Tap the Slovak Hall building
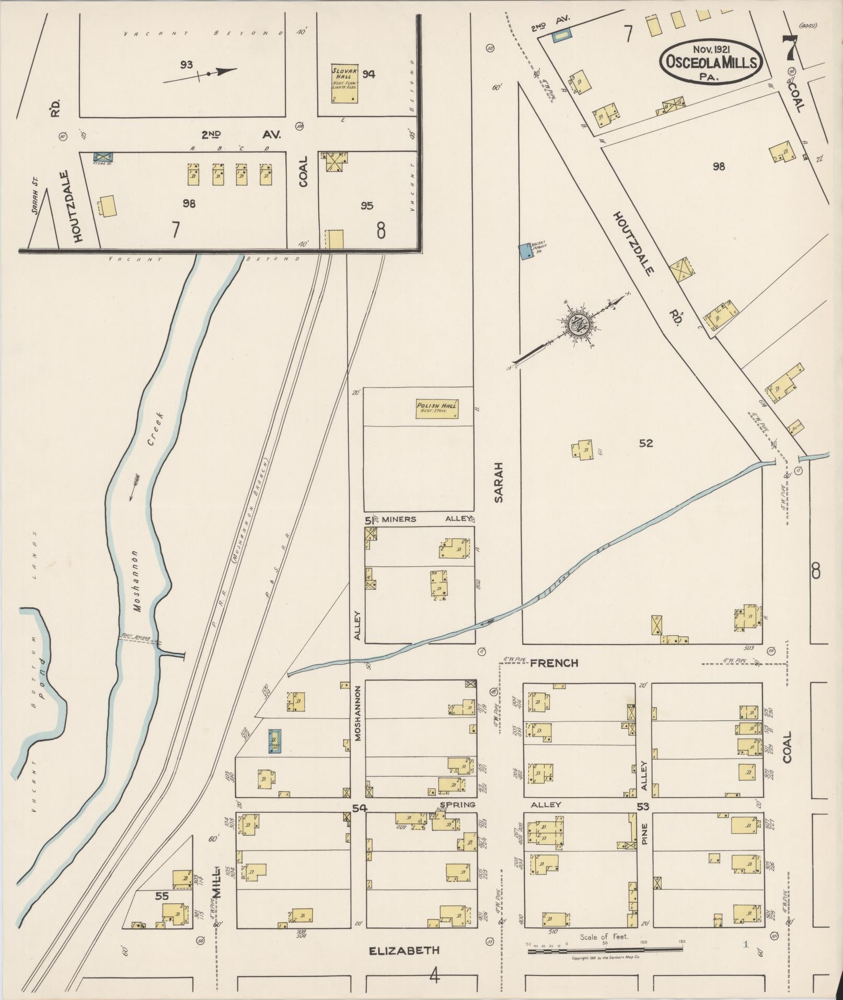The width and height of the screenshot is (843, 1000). tap(345, 84)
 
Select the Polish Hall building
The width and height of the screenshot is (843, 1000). tap(437, 409)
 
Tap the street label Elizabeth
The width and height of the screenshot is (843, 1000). tap(404, 950)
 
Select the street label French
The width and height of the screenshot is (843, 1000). tap(554, 663)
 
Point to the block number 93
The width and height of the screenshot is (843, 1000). tap(186, 65)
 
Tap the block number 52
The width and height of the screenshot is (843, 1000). tap(646, 443)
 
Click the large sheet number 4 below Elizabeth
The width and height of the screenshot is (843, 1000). tap(434, 975)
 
